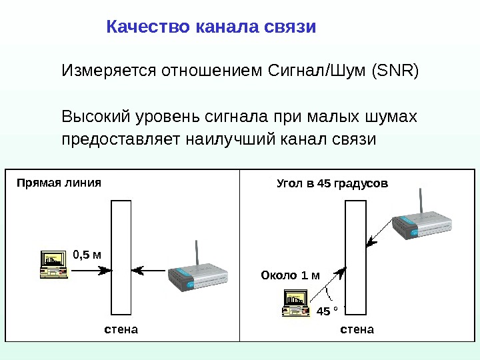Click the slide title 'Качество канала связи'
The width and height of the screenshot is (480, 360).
(x=211, y=27)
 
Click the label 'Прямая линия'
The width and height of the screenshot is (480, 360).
(x=59, y=182)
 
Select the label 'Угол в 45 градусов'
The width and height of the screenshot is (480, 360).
(x=332, y=183)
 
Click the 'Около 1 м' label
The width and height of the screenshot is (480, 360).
(x=290, y=275)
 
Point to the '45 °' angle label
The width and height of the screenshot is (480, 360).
(x=327, y=311)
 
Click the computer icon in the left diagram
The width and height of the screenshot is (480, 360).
(x=55, y=264)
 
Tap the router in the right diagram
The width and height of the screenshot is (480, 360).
(x=423, y=226)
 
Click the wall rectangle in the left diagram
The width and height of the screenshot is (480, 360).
(x=121, y=256)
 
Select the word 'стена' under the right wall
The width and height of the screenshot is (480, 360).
(x=357, y=329)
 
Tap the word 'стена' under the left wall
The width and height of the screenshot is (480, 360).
(x=121, y=329)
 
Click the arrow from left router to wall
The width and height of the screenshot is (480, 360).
(x=150, y=271)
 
